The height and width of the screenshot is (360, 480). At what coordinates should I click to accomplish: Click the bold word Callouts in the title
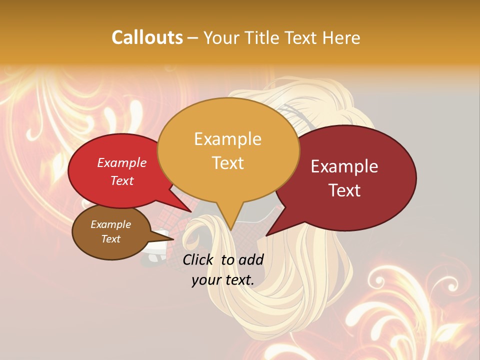(147, 37)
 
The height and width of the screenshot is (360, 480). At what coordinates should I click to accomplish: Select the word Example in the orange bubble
(227, 139)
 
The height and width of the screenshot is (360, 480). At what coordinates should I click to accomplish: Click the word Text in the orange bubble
(227, 163)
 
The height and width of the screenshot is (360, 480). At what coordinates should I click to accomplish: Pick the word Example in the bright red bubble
(122, 162)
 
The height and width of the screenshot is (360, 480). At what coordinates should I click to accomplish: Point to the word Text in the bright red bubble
(122, 180)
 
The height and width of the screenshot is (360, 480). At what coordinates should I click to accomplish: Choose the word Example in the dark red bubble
(344, 166)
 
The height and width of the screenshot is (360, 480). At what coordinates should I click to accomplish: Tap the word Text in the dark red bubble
(344, 190)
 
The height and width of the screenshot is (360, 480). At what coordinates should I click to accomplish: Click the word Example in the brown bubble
(110, 224)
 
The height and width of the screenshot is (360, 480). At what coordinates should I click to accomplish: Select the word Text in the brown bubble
(110, 239)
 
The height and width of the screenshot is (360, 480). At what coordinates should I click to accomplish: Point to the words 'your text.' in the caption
(223, 280)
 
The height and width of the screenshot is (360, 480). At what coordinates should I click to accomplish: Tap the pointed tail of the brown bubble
(170, 238)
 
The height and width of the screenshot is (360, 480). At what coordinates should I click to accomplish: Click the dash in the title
(193, 37)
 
